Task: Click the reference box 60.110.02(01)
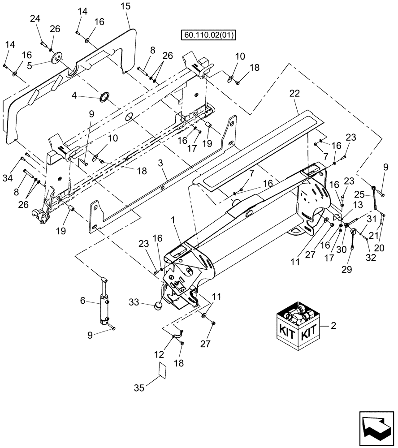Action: coord(209,35)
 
